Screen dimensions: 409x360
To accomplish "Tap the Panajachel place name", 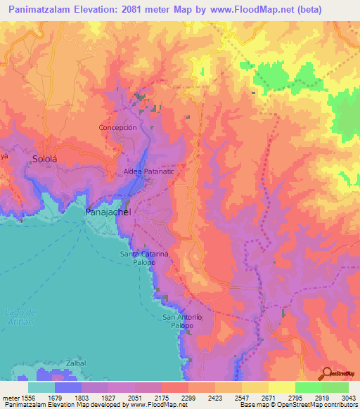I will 103,211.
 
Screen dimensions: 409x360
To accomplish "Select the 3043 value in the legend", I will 347,398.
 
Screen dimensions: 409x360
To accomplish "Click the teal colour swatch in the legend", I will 41,387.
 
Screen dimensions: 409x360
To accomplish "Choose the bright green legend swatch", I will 309,387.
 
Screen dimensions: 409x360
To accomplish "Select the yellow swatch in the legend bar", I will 282,387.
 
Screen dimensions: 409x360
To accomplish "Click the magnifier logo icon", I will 326,372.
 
